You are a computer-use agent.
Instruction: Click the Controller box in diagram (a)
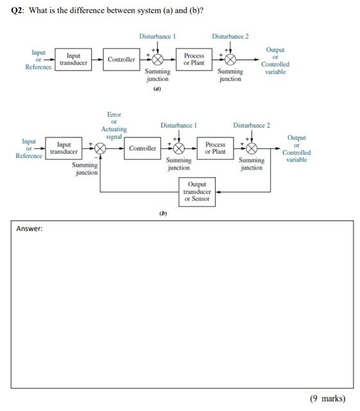tap(121, 60)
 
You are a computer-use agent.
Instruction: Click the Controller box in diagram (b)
tap(142, 148)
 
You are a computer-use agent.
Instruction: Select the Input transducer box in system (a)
tap(73, 60)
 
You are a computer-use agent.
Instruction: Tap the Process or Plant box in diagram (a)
tap(194, 60)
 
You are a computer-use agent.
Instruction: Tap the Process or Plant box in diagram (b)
tap(215, 148)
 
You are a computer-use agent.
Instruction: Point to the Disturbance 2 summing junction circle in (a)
tap(230, 60)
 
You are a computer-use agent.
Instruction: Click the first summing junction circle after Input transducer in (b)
tap(99, 148)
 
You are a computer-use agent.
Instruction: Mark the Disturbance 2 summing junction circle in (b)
tap(251, 148)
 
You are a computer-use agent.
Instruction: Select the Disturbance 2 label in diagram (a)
tap(230, 36)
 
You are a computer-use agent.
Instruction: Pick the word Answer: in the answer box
tap(30, 228)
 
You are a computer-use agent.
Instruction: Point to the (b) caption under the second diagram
tap(163, 213)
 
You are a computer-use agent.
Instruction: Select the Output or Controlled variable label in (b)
tap(296, 149)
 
